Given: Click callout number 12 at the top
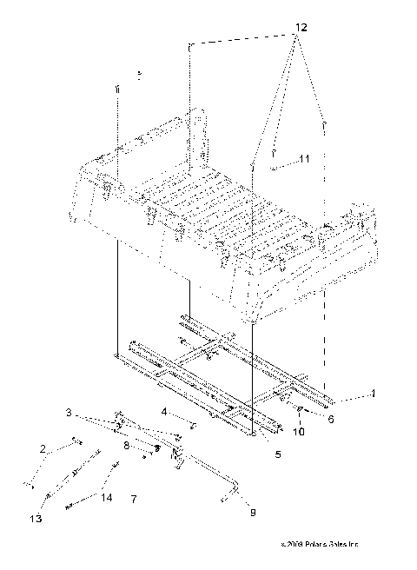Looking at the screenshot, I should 300,29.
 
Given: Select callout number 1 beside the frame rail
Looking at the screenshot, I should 373,394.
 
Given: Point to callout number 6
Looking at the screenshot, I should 330,417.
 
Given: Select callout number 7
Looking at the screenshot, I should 133,499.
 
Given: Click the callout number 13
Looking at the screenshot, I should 36,519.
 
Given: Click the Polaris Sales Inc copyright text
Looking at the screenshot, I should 314,545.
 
